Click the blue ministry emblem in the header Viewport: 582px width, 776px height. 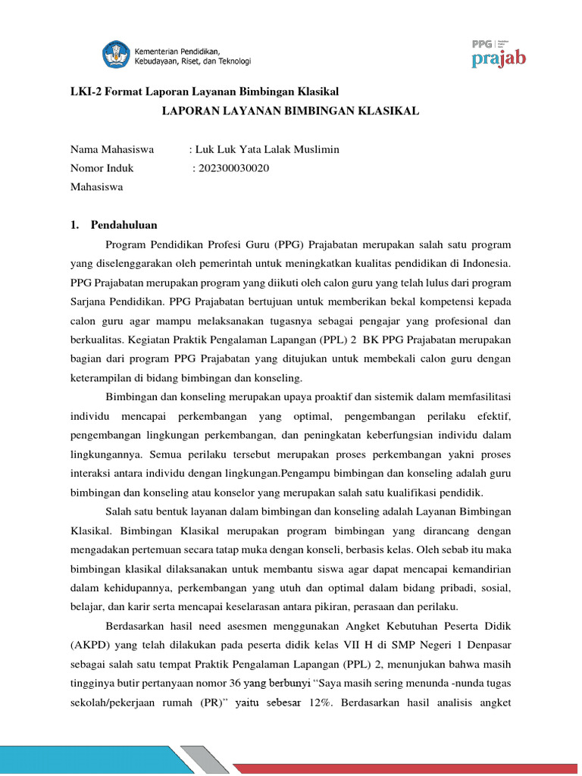point(116,55)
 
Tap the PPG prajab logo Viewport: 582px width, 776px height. point(498,53)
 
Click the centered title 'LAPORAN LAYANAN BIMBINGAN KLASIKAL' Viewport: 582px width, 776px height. point(290,111)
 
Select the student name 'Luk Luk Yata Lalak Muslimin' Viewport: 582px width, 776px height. point(267,149)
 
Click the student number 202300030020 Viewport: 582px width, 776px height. point(237,168)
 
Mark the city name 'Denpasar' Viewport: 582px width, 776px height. point(487,645)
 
